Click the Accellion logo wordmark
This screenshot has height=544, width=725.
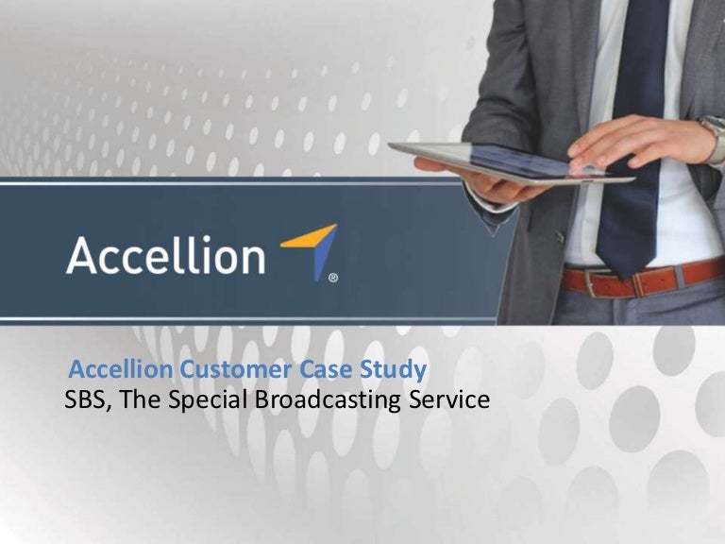[165, 255]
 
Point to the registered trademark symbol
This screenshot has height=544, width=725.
[332, 278]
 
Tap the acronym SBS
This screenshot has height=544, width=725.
[83, 399]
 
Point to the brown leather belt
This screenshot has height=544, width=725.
[651, 277]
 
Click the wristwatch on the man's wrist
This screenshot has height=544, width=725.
[714, 137]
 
